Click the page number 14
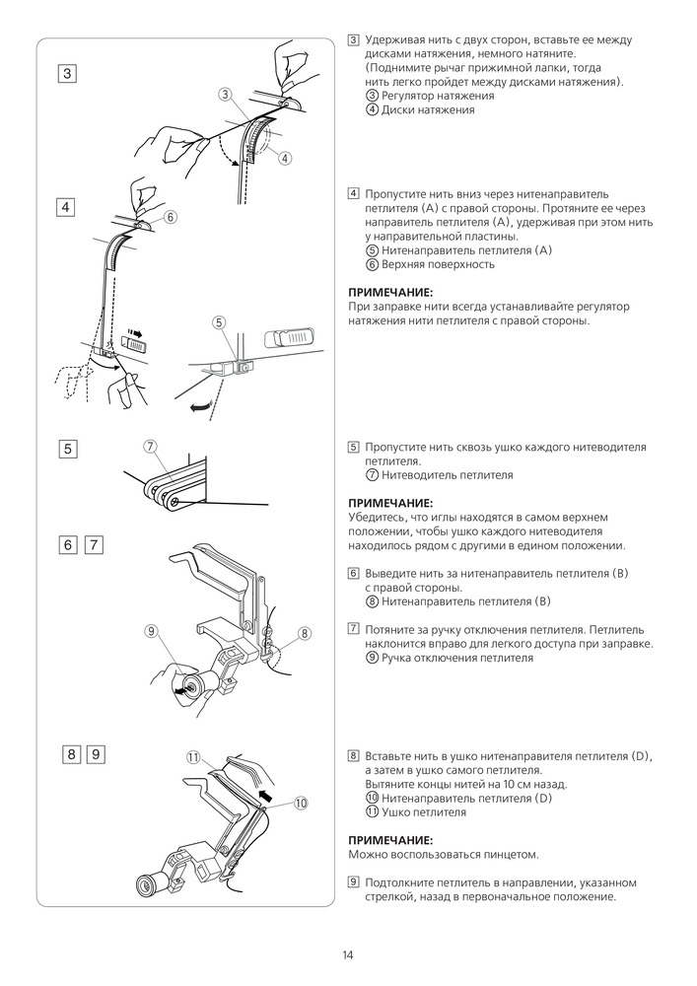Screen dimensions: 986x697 tap(348, 954)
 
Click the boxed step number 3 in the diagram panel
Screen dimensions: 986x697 tap(67, 74)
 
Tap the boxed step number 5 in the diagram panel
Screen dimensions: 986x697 tap(67, 449)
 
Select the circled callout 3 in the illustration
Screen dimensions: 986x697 tap(226, 95)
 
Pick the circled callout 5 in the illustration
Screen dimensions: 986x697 tap(219, 321)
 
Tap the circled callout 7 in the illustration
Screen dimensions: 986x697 tap(151, 447)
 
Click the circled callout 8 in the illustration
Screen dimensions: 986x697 tap(304, 633)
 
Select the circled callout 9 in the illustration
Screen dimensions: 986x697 tap(150, 631)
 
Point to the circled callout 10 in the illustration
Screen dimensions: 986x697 tap(301, 802)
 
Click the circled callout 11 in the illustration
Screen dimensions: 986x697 tap(193, 757)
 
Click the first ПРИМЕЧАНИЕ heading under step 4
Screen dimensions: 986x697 tap(391, 293)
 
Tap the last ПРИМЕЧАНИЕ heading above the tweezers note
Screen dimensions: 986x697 tap(391, 839)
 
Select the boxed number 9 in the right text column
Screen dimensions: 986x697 tap(353, 881)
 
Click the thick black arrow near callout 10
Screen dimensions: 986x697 tap(265, 791)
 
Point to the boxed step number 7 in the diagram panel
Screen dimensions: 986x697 tap(94, 544)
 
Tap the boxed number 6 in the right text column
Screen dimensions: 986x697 tap(353, 573)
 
